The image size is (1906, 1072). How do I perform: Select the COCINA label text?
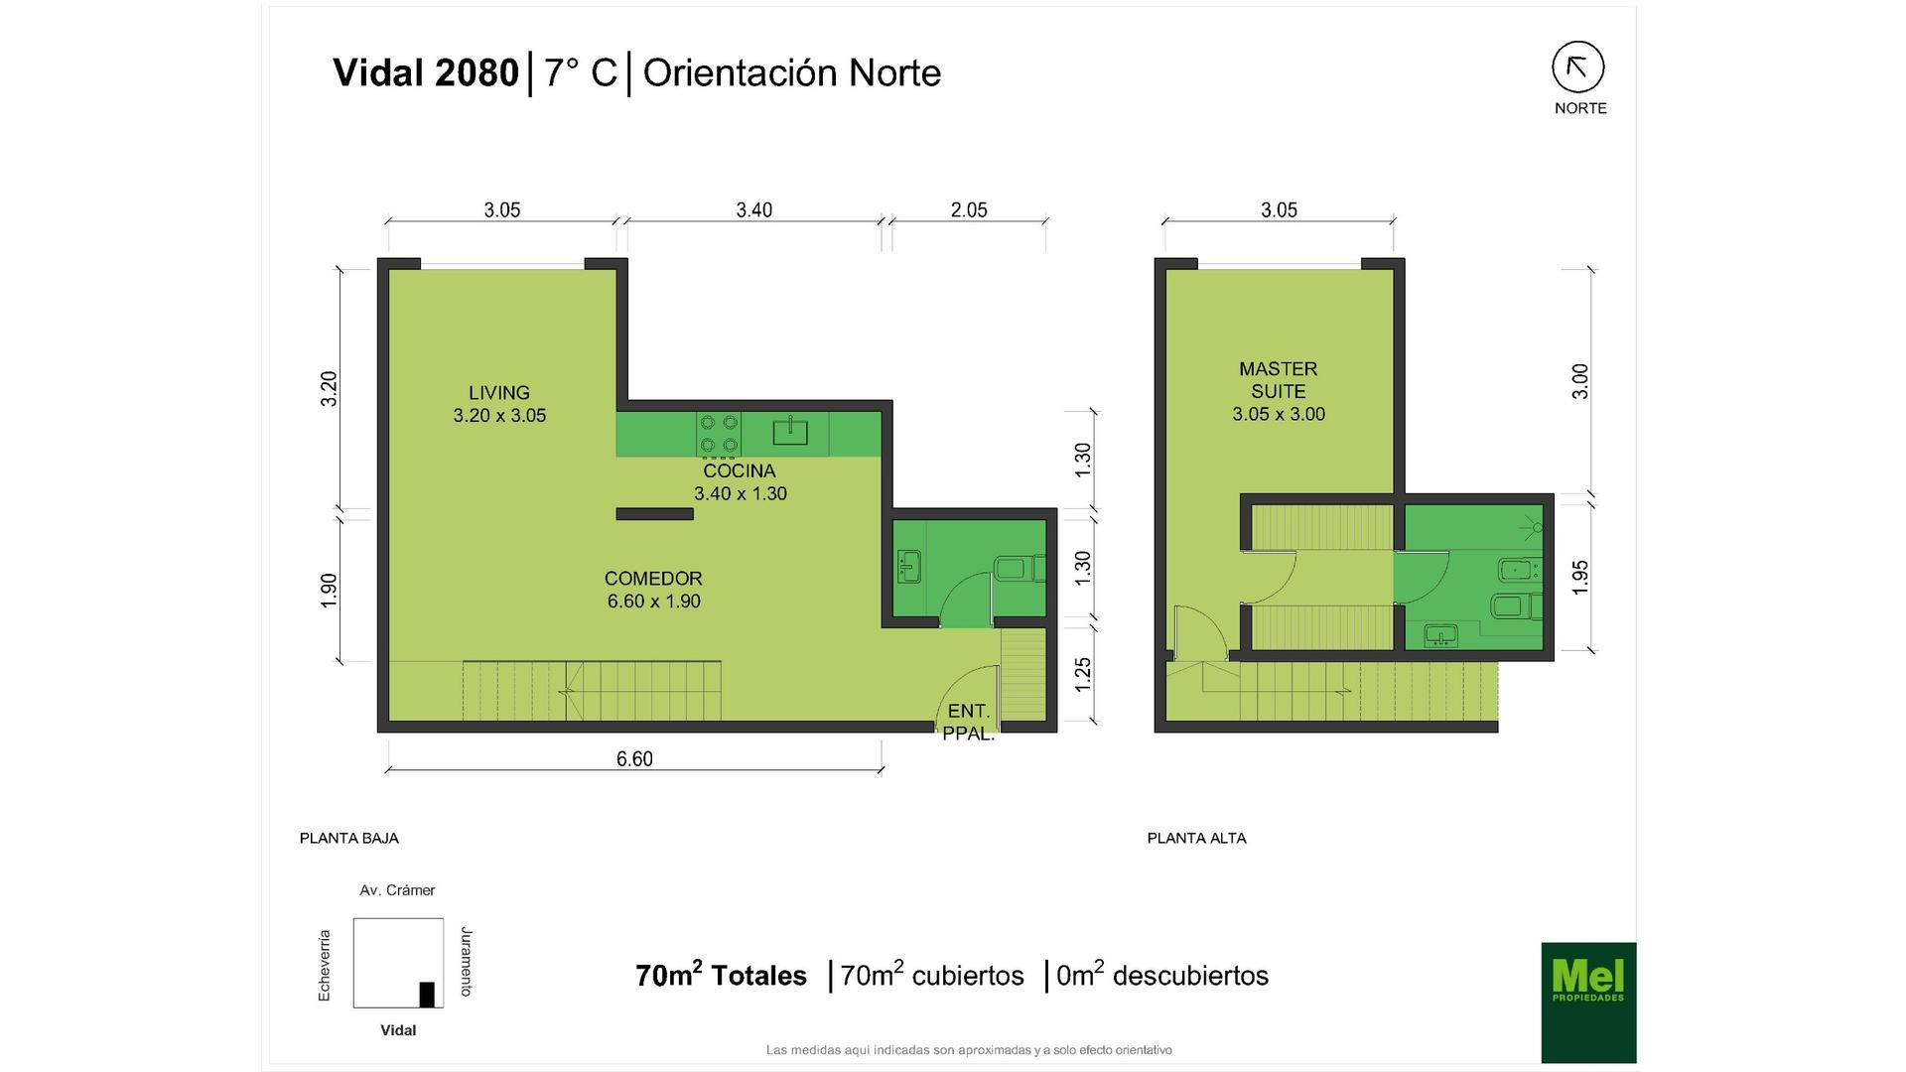[740, 470]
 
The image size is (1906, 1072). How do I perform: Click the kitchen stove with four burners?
[719, 434]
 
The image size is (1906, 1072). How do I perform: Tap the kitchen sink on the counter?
[790, 432]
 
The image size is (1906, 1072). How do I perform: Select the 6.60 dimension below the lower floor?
[634, 759]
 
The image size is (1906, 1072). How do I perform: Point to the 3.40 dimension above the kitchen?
[754, 209]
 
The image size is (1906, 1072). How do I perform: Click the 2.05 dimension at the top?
[969, 209]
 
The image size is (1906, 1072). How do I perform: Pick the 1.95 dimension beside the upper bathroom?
[1580, 578]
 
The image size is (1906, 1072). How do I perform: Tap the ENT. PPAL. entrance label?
[969, 723]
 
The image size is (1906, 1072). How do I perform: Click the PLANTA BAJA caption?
[349, 838]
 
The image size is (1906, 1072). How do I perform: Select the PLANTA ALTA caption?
[1197, 838]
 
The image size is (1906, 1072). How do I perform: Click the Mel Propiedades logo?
[1588, 1003]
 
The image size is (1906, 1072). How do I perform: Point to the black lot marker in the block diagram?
[427, 995]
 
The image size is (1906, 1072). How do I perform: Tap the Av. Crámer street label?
[397, 890]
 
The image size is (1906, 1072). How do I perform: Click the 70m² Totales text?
[722, 975]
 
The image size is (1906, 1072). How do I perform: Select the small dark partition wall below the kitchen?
[654, 514]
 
